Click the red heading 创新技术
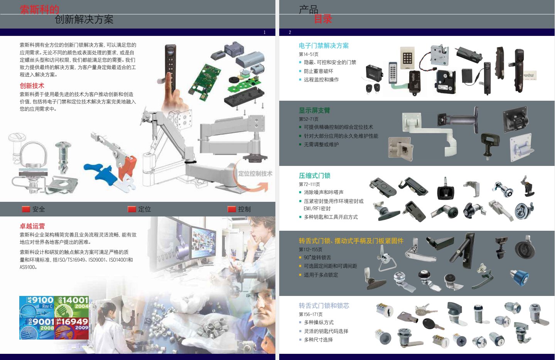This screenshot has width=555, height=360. coord(32,86)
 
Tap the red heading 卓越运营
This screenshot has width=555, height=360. coord(32,226)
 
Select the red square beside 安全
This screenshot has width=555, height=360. coord(26,209)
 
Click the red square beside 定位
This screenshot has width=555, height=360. coord(132,209)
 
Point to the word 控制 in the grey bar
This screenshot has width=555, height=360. coord(244,209)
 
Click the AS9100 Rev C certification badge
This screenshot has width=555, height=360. coord(37,307)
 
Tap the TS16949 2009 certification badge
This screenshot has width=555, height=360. coord(71,328)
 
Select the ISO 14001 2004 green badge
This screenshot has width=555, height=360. coord(71,307)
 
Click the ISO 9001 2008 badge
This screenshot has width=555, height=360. coord(37,328)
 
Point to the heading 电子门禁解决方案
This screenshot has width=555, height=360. coord(324,46)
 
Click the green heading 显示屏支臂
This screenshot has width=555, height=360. coord(314,110)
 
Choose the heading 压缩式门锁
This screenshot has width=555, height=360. coord(314,176)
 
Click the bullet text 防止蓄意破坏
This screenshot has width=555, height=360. coord(318,71)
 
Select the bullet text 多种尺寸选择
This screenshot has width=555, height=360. coord(318,340)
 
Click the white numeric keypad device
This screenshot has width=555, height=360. coord(407,58)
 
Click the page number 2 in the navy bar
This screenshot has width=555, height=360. coord(290,32)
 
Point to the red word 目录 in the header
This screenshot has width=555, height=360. coord(323,19)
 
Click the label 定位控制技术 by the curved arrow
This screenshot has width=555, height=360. coord(255,174)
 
